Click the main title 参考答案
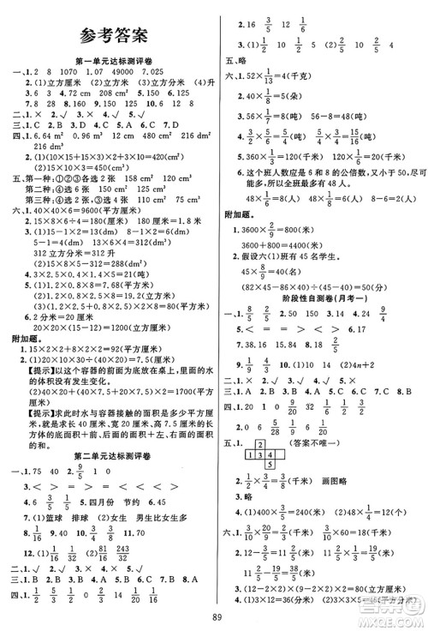click(111, 35)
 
